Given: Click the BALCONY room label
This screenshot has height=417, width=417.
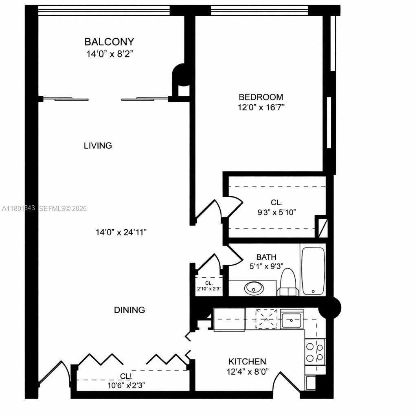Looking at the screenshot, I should click(109, 42).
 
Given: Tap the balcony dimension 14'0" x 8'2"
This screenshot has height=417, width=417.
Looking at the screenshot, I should click(109, 53).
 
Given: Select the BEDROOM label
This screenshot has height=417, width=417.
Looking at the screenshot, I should click(261, 97).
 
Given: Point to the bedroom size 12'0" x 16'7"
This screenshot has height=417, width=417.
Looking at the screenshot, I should click(261, 108).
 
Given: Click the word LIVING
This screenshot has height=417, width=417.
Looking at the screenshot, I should click(98, 145).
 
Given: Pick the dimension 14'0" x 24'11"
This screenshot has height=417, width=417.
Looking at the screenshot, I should click(121, 232).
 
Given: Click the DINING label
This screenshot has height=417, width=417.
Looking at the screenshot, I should click(129, 310).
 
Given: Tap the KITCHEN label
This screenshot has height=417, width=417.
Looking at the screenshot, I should click(247, 361).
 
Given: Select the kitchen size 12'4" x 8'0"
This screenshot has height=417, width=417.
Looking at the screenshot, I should click(247, 372).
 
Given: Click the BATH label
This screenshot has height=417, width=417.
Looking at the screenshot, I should click(266, 257).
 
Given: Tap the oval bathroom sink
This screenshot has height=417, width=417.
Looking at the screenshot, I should click(254, 288).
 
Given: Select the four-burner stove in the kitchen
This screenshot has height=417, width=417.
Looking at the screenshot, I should click(315, 352).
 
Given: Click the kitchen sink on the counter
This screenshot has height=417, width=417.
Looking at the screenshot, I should click(292, 320).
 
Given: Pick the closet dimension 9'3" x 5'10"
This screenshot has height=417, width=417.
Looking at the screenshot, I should click(277, 212).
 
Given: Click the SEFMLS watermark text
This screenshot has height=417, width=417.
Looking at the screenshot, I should click(63, 208).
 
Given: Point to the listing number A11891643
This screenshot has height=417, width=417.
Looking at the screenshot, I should click(18, 208).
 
